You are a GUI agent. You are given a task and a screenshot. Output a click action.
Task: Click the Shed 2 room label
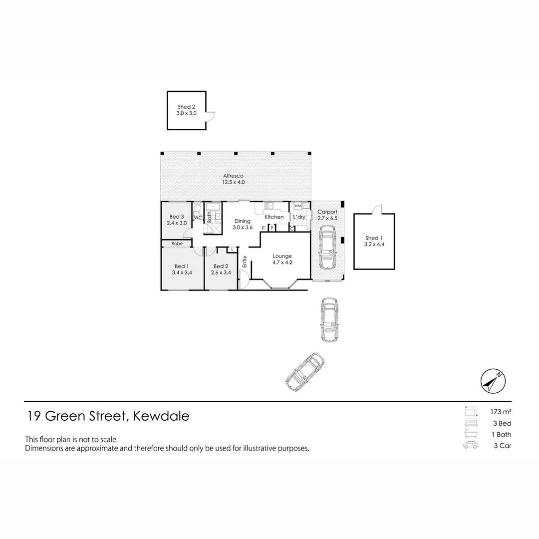pyautogui.click(x=186, y=107)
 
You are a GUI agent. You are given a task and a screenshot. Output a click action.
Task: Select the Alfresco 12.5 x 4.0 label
pyautogui.click(x=234, y=179)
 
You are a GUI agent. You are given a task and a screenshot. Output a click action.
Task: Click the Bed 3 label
pyautogui.click(x=177, y=217)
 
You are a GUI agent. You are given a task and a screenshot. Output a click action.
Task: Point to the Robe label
pyautogui.click(x=177, y=244)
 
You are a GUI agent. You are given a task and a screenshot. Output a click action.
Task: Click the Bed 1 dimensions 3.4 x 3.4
pyautogui.click(x=182, y=272)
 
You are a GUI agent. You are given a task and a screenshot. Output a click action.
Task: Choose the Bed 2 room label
pyautogui.click(x=221, y=266)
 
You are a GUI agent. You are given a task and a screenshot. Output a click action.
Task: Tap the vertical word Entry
pyautogui.click(x=245, y=262)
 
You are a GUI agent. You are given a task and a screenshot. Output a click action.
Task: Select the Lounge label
pyautogui.click(x=282, y=256)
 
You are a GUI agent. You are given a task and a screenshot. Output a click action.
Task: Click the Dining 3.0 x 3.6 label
pyautogui.click(x=243, y=224)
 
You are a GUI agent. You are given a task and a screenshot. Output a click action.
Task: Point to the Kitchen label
pyautogui.click(x=274, y=217)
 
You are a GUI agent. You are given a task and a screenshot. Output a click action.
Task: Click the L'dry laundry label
pyautogui.click(x=299, y=217)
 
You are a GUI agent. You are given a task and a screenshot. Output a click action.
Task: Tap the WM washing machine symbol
pyautogui.click(x=297, y=206)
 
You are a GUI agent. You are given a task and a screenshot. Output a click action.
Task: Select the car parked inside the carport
pyautogui.click(x=327, y=248)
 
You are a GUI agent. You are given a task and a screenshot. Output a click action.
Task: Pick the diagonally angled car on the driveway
pyautogui.click(x=305, y=372)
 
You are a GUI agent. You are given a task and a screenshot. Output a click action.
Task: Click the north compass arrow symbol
pyautogui.click(x=493, y=381)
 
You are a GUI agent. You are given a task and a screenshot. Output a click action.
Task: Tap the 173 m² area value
pyautogui.click(x=501, y=411)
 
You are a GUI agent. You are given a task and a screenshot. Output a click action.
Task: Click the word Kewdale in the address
pyautogui.click(x=161, y=416)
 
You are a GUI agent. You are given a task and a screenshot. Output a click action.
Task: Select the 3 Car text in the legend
pyautogui.click(x=503, y=446)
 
